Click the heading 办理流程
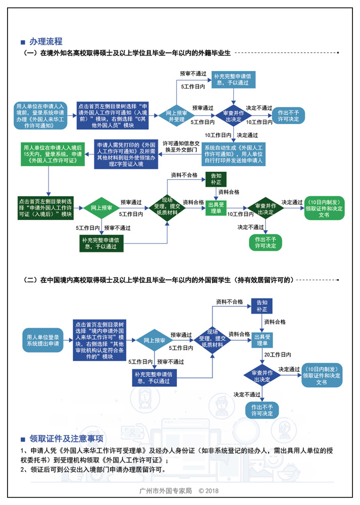pos(45,41)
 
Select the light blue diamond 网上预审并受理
pos(177,116)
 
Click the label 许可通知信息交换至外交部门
pos(181,146)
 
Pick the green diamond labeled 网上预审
pos(101,208)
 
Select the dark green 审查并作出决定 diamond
pos(265,209)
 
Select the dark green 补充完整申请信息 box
pos(102,243)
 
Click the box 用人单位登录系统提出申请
pos(43,340)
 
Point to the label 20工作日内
pos(278,355)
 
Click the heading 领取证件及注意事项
pos(66,438)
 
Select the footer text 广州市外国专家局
pos(166,491)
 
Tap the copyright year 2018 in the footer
pos(212,491)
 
